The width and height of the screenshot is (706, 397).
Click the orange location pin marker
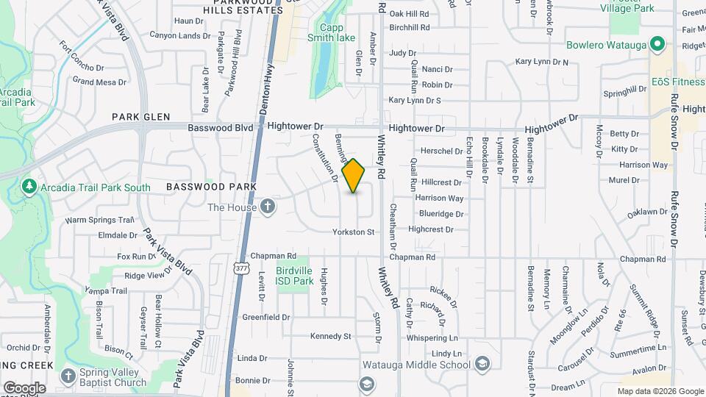coord(354,176)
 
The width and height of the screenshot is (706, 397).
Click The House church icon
coord(268,207)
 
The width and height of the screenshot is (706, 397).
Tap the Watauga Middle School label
coord(416,365)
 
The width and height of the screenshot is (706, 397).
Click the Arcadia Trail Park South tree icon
coord(29,187)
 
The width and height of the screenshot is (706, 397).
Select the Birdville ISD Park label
coord(294,276)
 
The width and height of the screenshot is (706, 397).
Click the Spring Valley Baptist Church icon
coord(68,376)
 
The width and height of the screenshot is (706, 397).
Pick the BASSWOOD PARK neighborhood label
coord(211,187)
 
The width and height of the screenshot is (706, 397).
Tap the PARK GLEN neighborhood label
coord(141,117)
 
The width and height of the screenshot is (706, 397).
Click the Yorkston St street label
coord(354,232)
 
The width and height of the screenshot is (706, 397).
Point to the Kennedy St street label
coord(330,336)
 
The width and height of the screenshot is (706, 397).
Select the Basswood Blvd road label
coord(221,127)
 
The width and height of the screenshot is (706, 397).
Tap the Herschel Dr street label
coord(441,151)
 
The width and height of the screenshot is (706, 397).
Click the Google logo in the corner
coord(24,387)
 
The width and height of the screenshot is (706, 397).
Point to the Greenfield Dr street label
coord(265,318)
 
